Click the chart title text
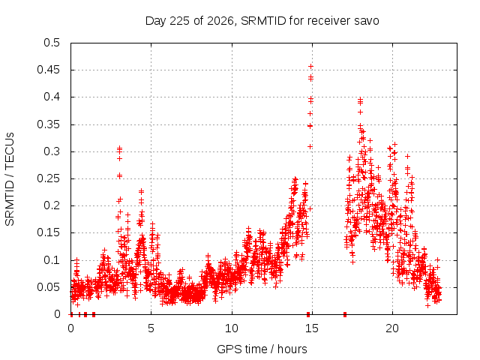pos(262,21)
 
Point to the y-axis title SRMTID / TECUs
pos(10,179)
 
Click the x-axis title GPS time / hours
pos(262,349)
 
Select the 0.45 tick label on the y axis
pos(48,70)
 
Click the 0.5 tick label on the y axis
pos(52,43)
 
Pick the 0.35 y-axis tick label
pos(48,124)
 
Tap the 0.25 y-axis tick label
pos(48,178)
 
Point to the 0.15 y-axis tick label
pos(48,233)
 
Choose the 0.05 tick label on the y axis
pos(48,287)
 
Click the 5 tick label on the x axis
pos(151,328)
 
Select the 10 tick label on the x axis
pos(232,328)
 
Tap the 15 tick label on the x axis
pos(312,328)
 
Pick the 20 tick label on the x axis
pos(392,328)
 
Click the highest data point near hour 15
pos(310,67)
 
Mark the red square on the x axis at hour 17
pos(345,314)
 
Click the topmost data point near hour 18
pos(360,99)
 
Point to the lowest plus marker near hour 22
pos(427,305)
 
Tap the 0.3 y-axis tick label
pos(52,151)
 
